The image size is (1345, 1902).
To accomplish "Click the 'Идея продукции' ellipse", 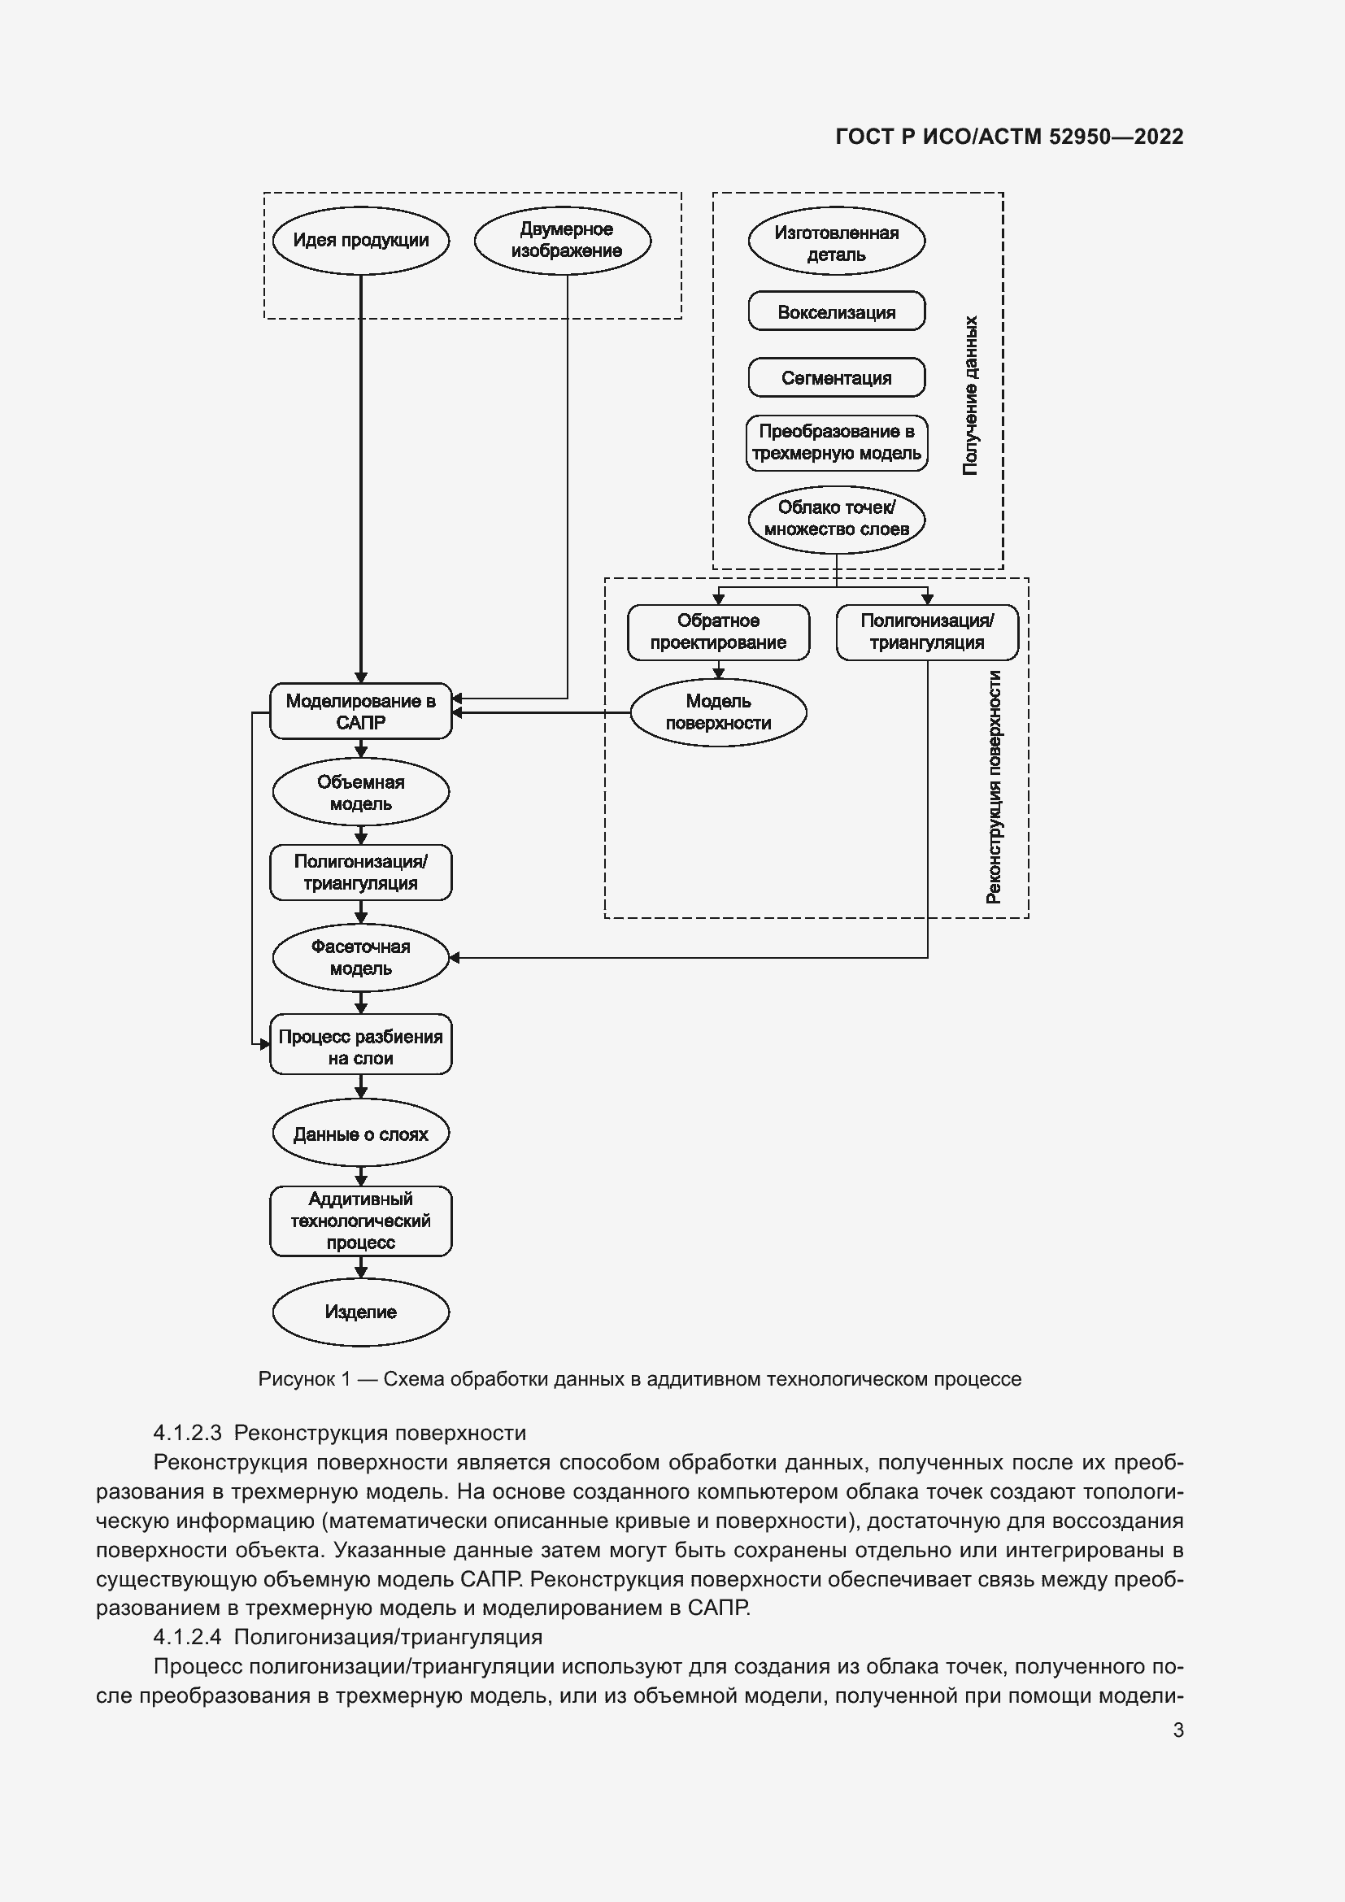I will click(361, 240).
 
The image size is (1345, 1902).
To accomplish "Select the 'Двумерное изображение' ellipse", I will click(567, 240).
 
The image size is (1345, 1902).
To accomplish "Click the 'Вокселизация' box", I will click(837, 312).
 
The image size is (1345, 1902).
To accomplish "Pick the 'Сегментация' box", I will click(837, 378).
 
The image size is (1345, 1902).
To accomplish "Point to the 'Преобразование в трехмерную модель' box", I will click(837, 442).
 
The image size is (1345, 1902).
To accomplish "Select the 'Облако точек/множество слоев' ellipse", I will click(837, 519).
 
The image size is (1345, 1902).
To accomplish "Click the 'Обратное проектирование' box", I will click(718, 631).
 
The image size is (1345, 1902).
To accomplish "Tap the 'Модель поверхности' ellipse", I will click(718, 712).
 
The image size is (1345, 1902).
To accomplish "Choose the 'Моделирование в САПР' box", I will click(361, 712).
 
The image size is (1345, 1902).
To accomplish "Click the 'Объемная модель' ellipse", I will click(361, 793).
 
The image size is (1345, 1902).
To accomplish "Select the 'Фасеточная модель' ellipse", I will click(361, 958).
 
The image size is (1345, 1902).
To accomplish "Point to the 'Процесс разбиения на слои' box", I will click(361, 1047).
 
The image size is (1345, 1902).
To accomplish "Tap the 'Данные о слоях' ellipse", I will click(361, 1134).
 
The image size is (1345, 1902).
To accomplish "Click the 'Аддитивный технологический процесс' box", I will click(361, 1221).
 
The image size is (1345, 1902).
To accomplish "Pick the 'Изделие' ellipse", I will click(361, 1312).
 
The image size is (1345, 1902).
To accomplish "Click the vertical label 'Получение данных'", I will click(971, 395).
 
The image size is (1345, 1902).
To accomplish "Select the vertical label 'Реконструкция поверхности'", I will click(994, 787).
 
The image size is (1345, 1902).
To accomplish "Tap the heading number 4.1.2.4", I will click(187, 1637).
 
